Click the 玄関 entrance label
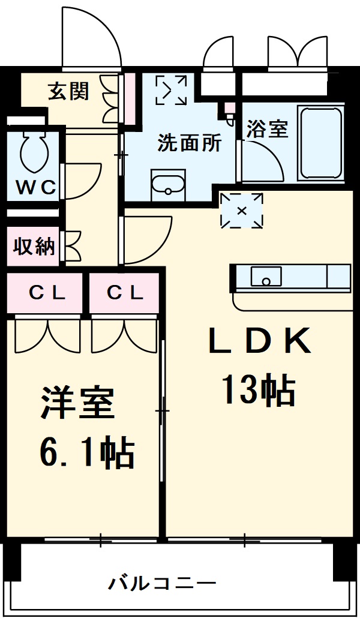(x=69, y=91)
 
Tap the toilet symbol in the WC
(x=33, y=152)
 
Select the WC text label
(x=35, y=187)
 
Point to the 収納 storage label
(x=34, y=247)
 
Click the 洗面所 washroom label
(x=189, y=143)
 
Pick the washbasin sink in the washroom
(x=169, y=185)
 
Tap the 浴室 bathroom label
(x=268, y=129)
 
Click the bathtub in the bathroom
(x=322, y=144)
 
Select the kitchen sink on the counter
(x=266, y=277)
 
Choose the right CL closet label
(x=125, y=293)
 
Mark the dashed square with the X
(x=242, y=211)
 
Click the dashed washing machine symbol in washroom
(x=171, y=90)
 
